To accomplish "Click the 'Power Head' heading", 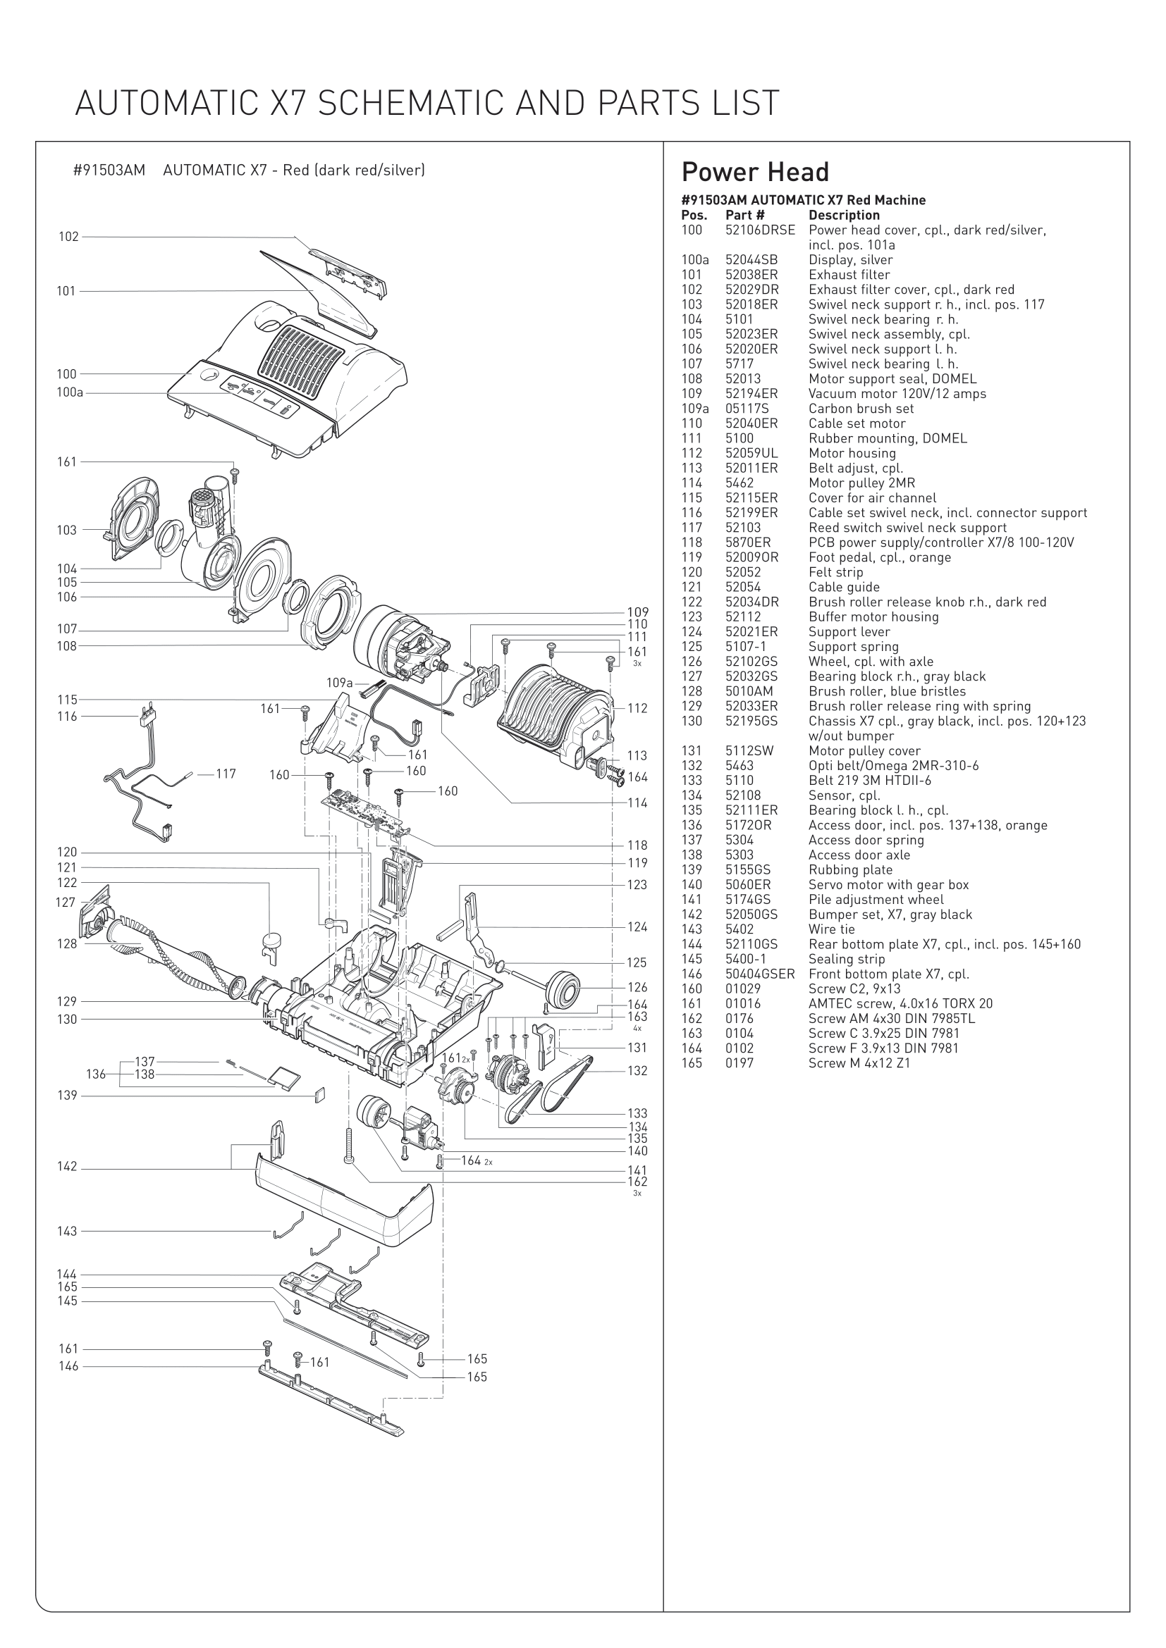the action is point(754,172).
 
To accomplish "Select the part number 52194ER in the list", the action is point(751,394).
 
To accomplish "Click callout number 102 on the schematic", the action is point(68,237).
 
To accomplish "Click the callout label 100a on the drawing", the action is point(70,392).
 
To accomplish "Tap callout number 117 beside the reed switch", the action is point(226,774).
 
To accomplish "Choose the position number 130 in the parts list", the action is point(692,721).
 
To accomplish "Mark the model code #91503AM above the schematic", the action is point(109,171).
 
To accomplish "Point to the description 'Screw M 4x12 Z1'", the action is point(859,1064).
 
